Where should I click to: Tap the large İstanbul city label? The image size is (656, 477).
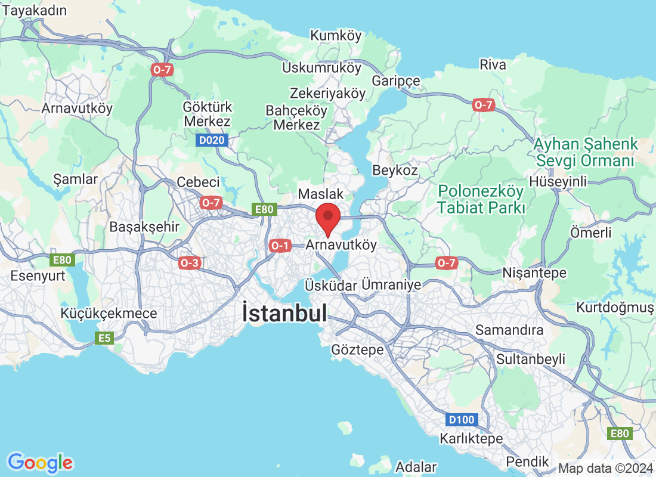[x=284, y=314]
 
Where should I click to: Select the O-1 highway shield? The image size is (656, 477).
[x=280, y=245]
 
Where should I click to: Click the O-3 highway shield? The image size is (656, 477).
[x=189, y=262]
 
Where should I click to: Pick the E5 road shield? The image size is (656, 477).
[x=104, y=338]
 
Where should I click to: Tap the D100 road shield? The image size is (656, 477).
[x=461, y=420]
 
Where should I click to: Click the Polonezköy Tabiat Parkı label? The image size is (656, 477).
[x=481, y=200]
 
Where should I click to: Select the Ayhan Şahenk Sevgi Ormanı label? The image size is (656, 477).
[x=586, y=152]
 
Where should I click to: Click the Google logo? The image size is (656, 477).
[x=41, y=462]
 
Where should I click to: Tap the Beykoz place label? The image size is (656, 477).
[x=395, y=170]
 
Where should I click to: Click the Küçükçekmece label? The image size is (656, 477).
[x=109, y=314]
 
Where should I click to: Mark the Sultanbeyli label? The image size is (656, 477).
[x=531, y=358]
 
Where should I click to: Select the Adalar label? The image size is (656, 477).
[x=416, y=467]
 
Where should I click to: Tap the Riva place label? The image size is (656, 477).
[x=493, y=64]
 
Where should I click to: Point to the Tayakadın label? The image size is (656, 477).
[x=35, y=10]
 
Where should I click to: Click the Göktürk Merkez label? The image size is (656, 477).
[x=208, y=114]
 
